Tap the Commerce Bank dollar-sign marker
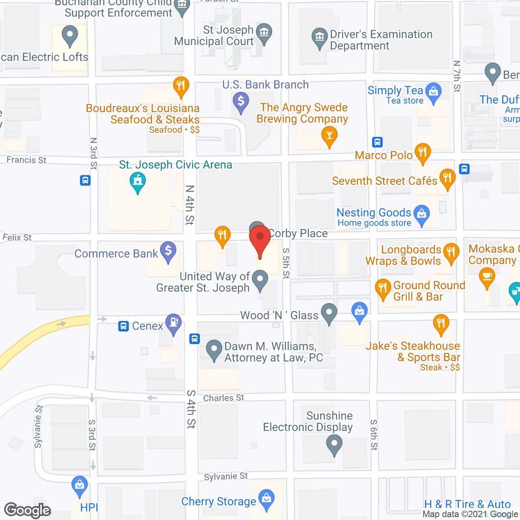click(168, 251)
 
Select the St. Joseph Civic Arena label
click(175, 165)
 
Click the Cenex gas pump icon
click(173, 323)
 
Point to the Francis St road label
click(26, 160)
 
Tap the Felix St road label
click(17, 237)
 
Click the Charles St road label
click(224, 398)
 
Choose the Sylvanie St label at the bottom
click(226, 476)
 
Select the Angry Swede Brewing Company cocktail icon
click(329, 135)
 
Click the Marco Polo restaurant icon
click(423, 152)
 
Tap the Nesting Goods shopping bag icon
click(422, 213)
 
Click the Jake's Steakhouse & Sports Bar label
click(413, 351)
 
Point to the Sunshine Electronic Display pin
click(334, 443)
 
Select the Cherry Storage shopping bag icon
click(266, 498)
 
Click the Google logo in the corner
click(28, 510)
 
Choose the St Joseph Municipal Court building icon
click(264, 32)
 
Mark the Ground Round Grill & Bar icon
click(383, 288)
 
